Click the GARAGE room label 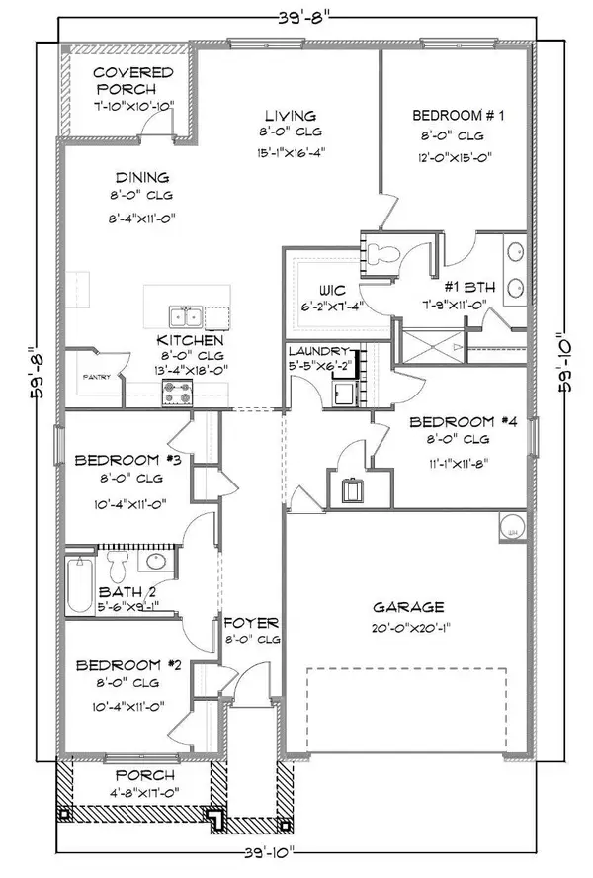click(x=408, y=607)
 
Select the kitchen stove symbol click(x=177, y=395)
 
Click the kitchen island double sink click(x=185, y=317)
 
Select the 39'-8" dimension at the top click(x=297, y=17)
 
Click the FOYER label click(x=252, y=623)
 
